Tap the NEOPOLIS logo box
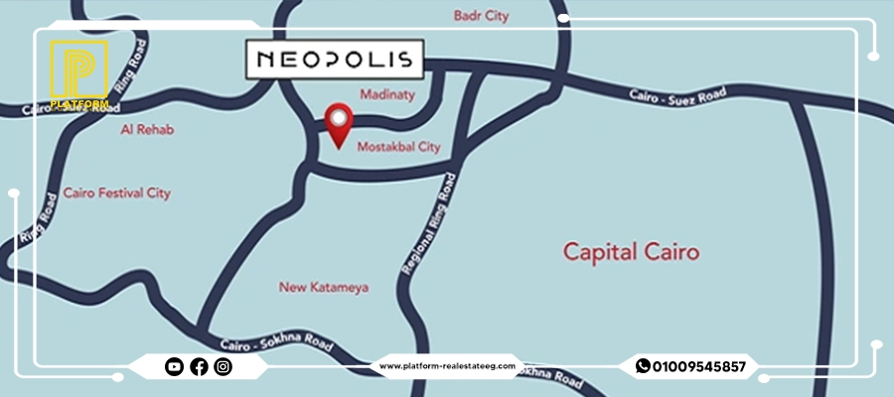tap(334, 59)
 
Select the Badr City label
tap(481, 16)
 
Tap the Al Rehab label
tap(140, 130)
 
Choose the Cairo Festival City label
tap(116, 193)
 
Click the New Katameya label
tap(324, 288)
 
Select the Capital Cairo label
tap(631, 251)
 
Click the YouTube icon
tap(174, 367)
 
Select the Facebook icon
tap(199, 367)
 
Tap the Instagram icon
tap(223, 367)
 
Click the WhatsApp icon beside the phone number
tap(643, 366)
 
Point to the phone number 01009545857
tap(698, 367)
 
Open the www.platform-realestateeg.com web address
tap(447, 366)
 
